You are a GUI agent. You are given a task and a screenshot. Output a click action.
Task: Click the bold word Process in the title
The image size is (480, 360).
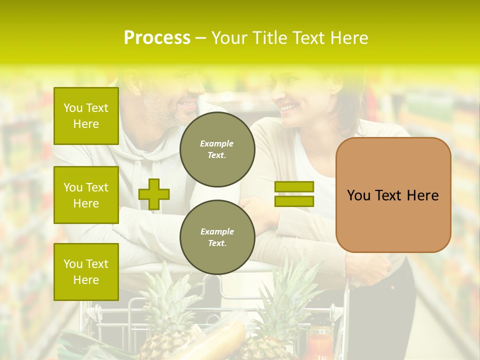157,38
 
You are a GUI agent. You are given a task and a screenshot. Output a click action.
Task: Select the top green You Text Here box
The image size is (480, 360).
86,116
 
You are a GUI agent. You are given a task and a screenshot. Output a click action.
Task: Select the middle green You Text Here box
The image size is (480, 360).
86,195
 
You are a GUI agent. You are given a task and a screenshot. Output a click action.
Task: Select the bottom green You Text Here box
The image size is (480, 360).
86,271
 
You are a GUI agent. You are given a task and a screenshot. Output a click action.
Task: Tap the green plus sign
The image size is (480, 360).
154,194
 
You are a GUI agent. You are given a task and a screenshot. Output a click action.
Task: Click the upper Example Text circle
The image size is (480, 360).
217,149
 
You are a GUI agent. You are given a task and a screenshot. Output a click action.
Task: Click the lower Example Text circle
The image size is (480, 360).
217,237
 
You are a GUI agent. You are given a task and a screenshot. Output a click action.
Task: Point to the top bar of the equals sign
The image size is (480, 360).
294,186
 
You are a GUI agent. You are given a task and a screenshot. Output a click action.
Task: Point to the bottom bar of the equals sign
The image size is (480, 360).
294,201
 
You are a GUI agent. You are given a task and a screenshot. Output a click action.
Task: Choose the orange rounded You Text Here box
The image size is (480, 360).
393,195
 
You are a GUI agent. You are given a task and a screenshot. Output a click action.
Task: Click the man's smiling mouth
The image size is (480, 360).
188,103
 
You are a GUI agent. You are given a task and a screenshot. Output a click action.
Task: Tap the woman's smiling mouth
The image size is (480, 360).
288,106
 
